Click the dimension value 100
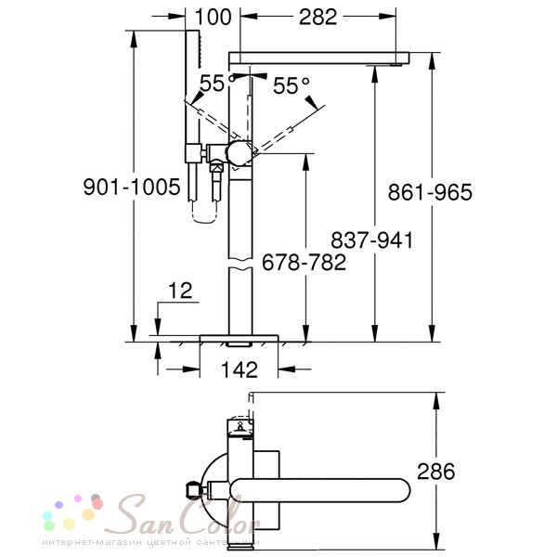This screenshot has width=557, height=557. [214, 16]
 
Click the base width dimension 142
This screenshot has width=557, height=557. [240, 370]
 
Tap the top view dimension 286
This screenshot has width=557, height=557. [435, 472]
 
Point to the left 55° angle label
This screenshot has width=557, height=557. [212, 84]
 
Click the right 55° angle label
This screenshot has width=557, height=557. [291, 86]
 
